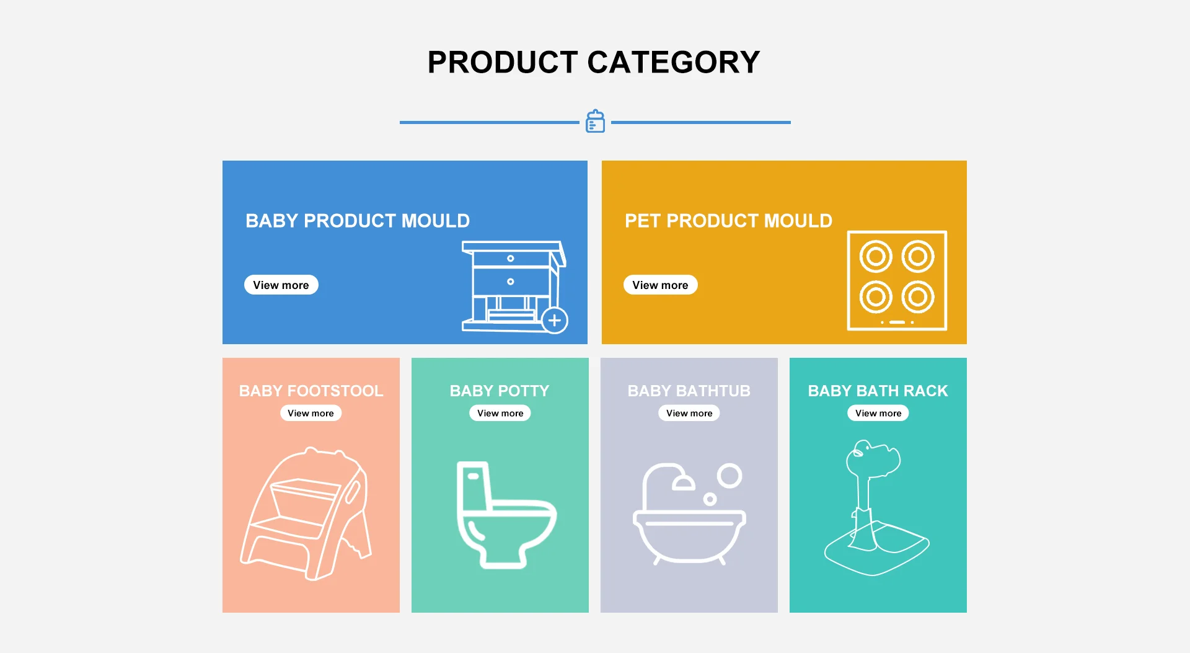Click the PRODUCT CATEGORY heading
tap(594, 62)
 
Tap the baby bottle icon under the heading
tap(595, 121)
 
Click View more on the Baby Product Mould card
tap(281, 285)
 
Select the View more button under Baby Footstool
tap(311, 413)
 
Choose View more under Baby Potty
tap(500, 413)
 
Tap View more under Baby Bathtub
tap(689, 413)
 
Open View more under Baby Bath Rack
tap(878, 413)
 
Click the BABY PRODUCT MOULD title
tap(358, 221)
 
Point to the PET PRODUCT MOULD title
tap(728, 221)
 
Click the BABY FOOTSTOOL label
tap(311, 391)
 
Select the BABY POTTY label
tap(500, 391)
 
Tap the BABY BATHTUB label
tap(689, 391)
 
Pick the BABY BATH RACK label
tap(878, 391)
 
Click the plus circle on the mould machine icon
tap(555, 321)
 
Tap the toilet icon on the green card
tap(506, 515)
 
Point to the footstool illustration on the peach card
tap(306, 513)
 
